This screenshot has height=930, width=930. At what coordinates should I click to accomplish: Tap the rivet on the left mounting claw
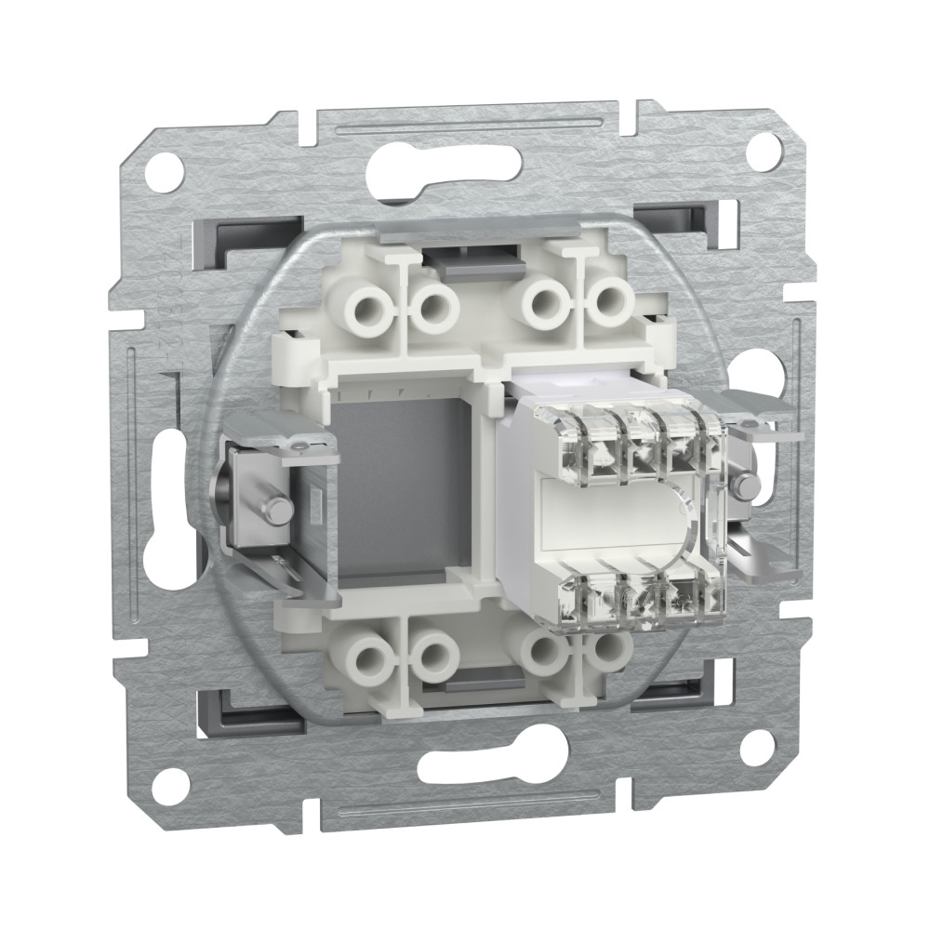pyautogui.click(x=275, y=507)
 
